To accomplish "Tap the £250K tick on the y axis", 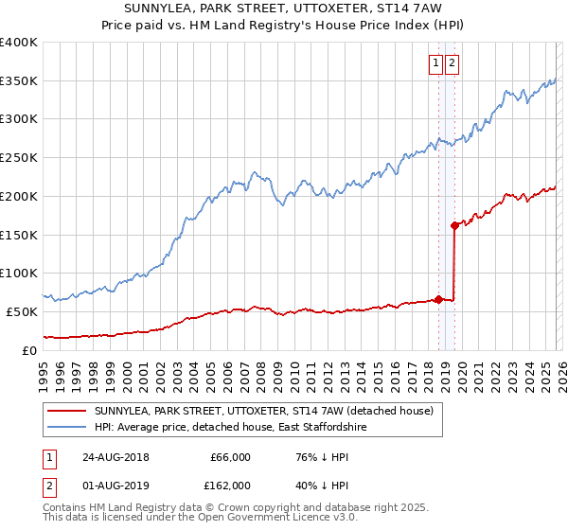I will [x=19, y=157].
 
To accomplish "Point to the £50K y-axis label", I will [x=22, y=311].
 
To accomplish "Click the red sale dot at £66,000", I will [x=438, y=299].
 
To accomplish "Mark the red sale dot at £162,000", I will [x=454, y=225].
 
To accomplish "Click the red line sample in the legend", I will [x=66, y=411].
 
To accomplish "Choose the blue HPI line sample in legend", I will [x=66, y=428].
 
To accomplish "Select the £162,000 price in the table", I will [x=230, y=485].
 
